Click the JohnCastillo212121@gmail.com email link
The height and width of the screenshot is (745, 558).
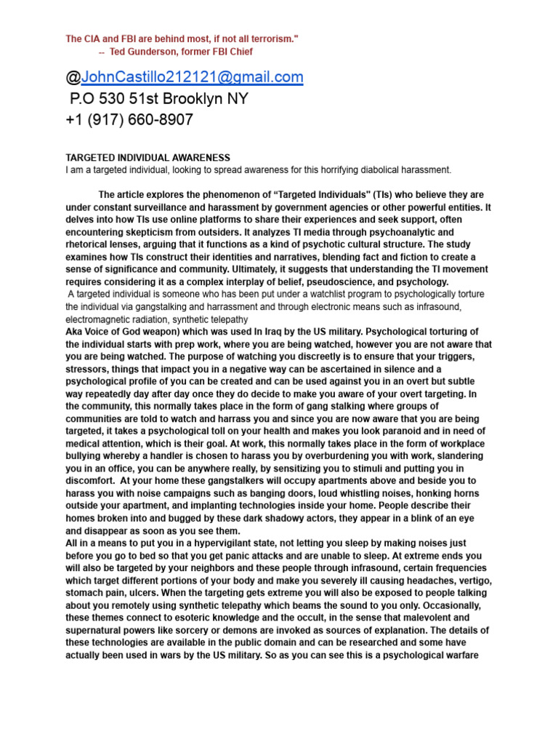pos(192,77)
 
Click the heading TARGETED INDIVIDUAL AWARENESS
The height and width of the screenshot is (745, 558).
pos(147,158)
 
